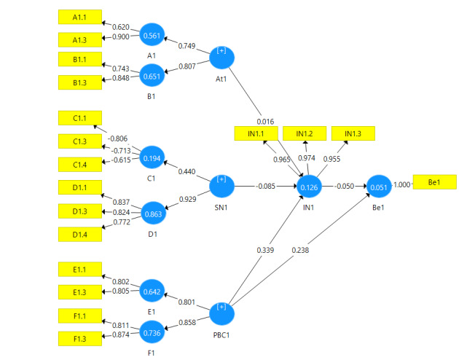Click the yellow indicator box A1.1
(80, 17)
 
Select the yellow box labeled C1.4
(80, 165)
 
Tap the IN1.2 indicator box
(304, 133)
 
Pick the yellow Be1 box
(435, 182)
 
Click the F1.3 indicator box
(80, 339)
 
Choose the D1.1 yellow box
(80, 189)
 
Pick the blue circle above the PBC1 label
(222, 314)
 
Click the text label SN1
(223, 207)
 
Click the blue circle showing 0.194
(154, 157)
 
